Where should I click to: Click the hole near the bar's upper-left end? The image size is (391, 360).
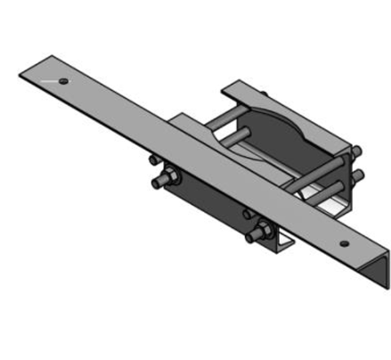(x=64, y=81)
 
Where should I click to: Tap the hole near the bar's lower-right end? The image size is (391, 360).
(x=343, y=241)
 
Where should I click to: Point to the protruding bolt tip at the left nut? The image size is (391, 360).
(x=158, y=184)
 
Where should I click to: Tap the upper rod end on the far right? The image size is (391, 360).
(x=357, y=151)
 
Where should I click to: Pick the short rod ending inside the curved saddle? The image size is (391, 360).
(x=240, y=135)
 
